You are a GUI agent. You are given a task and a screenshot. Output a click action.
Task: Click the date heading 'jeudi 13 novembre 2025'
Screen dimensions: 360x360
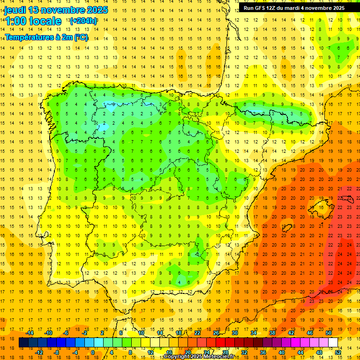(56, 10)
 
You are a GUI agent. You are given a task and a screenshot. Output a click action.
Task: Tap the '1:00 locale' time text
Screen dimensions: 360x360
(33, 21)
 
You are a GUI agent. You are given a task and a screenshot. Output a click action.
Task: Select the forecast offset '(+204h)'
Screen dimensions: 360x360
(83, 21)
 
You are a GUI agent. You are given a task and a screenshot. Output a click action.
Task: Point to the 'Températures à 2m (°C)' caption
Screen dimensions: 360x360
(46, 37)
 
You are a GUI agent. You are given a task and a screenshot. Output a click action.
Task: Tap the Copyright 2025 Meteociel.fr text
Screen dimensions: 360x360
(199, 357)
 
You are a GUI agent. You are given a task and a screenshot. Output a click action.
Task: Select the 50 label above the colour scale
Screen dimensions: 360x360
(328, 333)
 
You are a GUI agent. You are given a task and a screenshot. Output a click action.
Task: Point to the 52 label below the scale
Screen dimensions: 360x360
(337, 352)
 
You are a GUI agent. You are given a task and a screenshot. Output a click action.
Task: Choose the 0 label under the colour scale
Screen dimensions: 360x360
(93, 352)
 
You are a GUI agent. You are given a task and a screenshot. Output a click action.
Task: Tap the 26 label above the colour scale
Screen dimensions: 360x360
(216, 333)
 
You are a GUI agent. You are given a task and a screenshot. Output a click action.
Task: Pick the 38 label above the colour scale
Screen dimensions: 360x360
(272, 333)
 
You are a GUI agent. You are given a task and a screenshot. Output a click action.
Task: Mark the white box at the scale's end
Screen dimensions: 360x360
(333, 342)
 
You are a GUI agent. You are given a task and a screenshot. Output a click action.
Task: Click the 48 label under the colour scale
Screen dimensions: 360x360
(319, 352)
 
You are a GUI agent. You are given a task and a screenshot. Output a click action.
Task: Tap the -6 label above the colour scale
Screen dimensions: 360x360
(66, 333)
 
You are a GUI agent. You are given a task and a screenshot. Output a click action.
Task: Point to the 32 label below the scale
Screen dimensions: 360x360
(244, 352)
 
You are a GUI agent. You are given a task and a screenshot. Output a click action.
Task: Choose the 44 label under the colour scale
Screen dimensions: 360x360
(300, 352)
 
